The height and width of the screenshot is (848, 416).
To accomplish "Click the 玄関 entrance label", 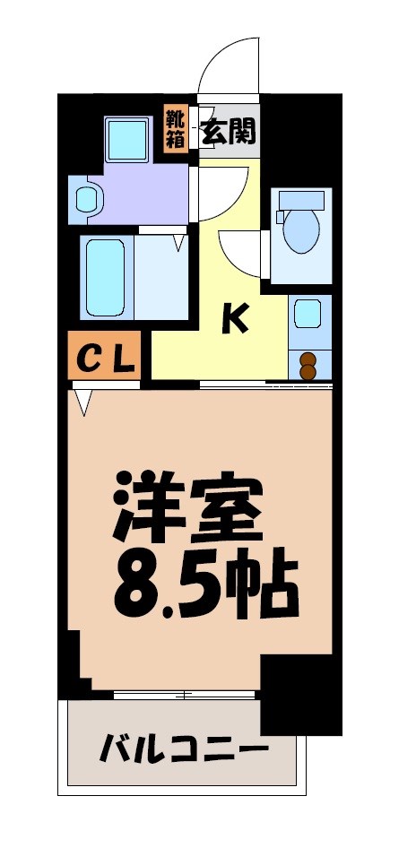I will [229, 132].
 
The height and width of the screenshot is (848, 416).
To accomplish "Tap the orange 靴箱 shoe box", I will [176, 130].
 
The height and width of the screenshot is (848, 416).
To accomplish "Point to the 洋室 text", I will [188, 506].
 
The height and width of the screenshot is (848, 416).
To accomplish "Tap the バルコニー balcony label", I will [184, 747].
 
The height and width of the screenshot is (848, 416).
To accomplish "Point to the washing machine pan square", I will [131, 138].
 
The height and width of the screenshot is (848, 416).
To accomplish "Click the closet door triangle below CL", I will [85, 401].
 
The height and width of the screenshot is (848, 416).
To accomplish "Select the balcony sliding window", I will [185, 695].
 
